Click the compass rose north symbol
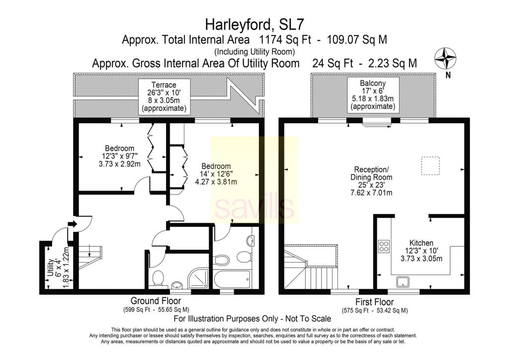tap(445, 59)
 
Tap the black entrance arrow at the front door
tap(72, 224)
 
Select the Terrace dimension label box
tap(164, 97)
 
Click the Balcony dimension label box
tap(373, 95)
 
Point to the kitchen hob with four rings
tap(384, 246)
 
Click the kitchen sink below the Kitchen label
tap(403, 281)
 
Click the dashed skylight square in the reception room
tap(430, 166)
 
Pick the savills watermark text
tap(254, 208)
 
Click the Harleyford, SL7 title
tap(254, 25)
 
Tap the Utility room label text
tap(50, 268)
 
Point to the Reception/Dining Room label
tap(371, 174)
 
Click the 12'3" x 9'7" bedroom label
tap(119, 156)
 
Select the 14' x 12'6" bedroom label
tap(216, 174)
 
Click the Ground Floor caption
tap(156, 301)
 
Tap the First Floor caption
tap(375, 302)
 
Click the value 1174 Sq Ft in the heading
tap(285, 40)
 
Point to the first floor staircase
tap(311, 266)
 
